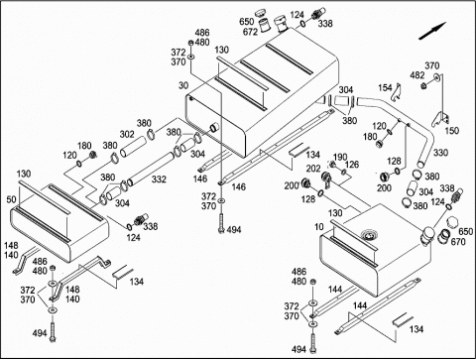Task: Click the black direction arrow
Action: tap(432, 31)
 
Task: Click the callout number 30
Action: tap(183, 85)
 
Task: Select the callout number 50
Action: tap(11, 199)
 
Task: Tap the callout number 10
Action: tap(319, 227)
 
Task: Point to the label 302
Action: tap(127, 134)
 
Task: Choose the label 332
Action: tap(159, 180)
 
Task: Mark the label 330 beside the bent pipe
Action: tap(441, 153)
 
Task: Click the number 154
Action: tap(385, 88)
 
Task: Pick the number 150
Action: tap(452, 130)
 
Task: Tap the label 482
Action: tap(417, 75)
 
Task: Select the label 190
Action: tap(340, 157)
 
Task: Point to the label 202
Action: tap(313, 169)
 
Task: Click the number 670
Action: tap(458, 242)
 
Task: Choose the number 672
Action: tap(250, 32)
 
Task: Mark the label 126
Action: tap(352, 165)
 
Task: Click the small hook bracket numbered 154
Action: tap(397, 92)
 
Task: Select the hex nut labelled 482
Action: tap(423, 86)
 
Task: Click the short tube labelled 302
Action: tap(133, 146)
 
